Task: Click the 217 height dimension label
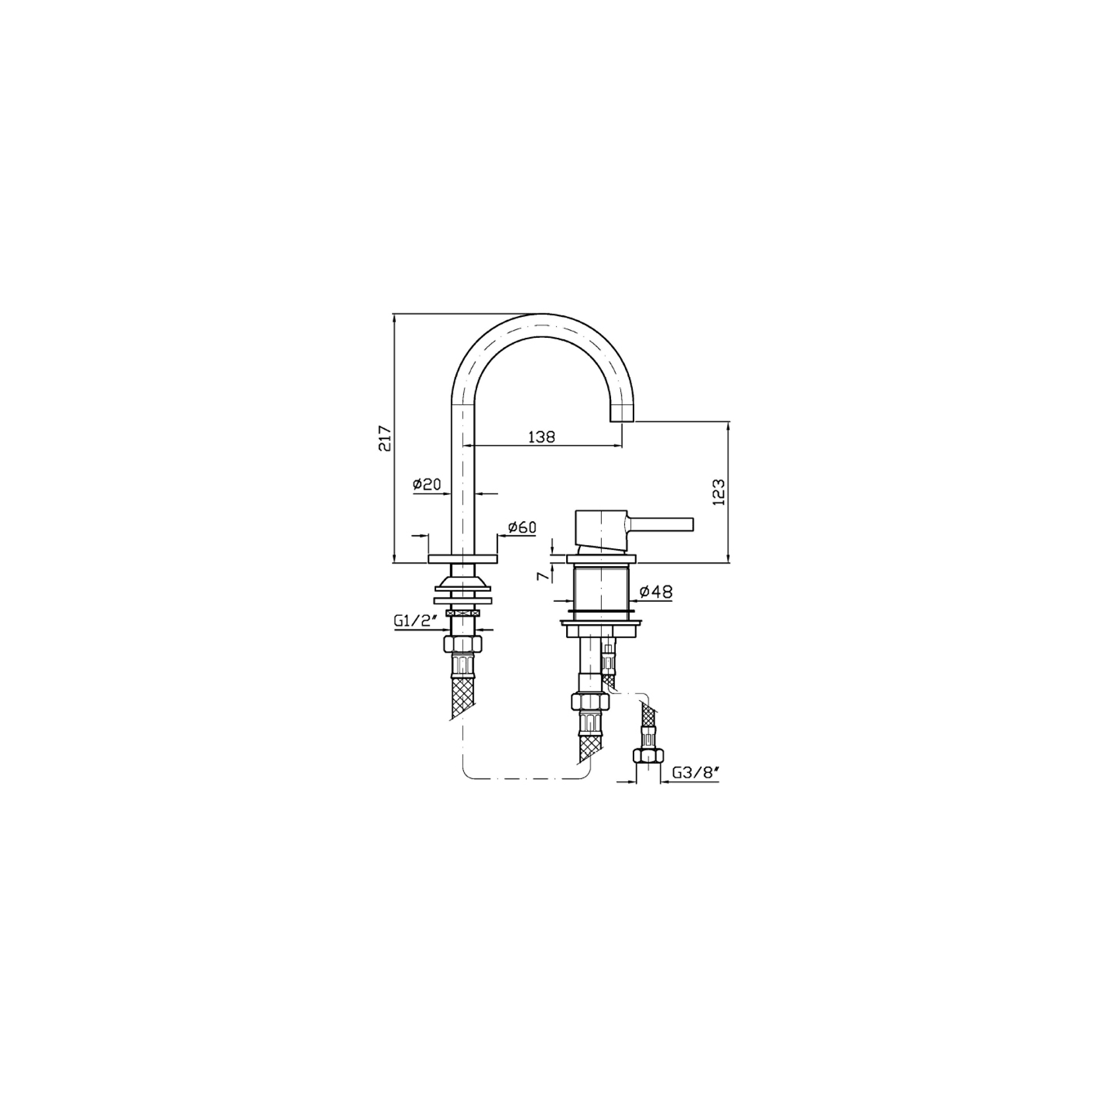[x=385, y=438]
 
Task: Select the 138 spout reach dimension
[x=542, y=437]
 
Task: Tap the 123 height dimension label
[x=719, y=492]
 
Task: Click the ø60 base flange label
[x=522, y=527]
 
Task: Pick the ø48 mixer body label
[x=657, y=592]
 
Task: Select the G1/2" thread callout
[x=416, y=620]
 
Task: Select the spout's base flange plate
[x=462, y=559]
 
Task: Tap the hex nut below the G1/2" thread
[x=461, y=644]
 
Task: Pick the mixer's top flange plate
[x=600, y=560]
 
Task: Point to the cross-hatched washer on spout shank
[x=461, y=613]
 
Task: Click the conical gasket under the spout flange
[x=461, y=582]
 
